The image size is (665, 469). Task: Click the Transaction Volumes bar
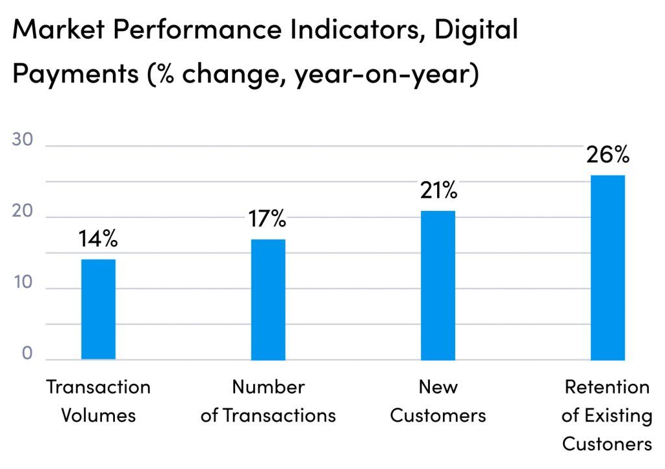tap(98, 309)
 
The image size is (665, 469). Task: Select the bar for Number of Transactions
tap(268, 300)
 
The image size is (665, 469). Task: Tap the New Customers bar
tap(438, 285)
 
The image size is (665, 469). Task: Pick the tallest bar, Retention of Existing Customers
tap(608, 267)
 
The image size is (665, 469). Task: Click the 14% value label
tap(98, 239)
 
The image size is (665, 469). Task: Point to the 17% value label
tap(267, 219)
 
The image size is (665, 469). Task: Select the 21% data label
tap(438, 191)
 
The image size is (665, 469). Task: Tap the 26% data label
tap(608, 155)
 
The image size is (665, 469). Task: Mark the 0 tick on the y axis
tap(27, 354)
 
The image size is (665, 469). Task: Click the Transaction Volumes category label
tap(98, 401)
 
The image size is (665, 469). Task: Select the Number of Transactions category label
tap(268, 401)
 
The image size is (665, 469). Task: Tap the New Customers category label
tap(438, 401)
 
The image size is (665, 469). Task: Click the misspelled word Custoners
tap(607, 444)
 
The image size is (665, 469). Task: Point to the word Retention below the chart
tap(607, 387)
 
